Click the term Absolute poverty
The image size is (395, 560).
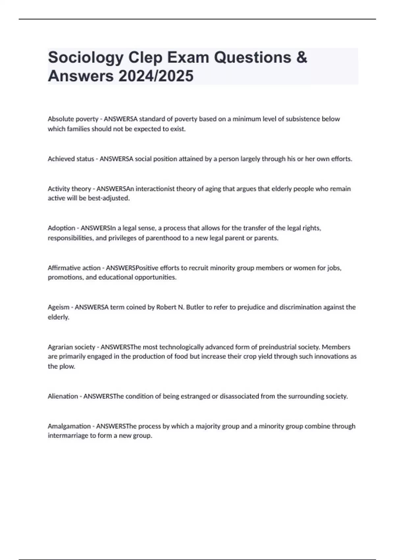[x=73, y=119]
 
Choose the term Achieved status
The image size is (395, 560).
[x=71, y=159]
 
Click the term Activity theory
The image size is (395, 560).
[x=69, y=189]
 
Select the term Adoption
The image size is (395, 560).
[x=62, y=228]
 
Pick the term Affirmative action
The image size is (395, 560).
[x=74, y=268]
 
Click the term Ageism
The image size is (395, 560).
[x=59, y=307]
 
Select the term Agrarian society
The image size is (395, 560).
[x=71, y=347]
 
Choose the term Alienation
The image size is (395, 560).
[x=63, y=396]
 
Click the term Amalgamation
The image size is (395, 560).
[x=69, y=426]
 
